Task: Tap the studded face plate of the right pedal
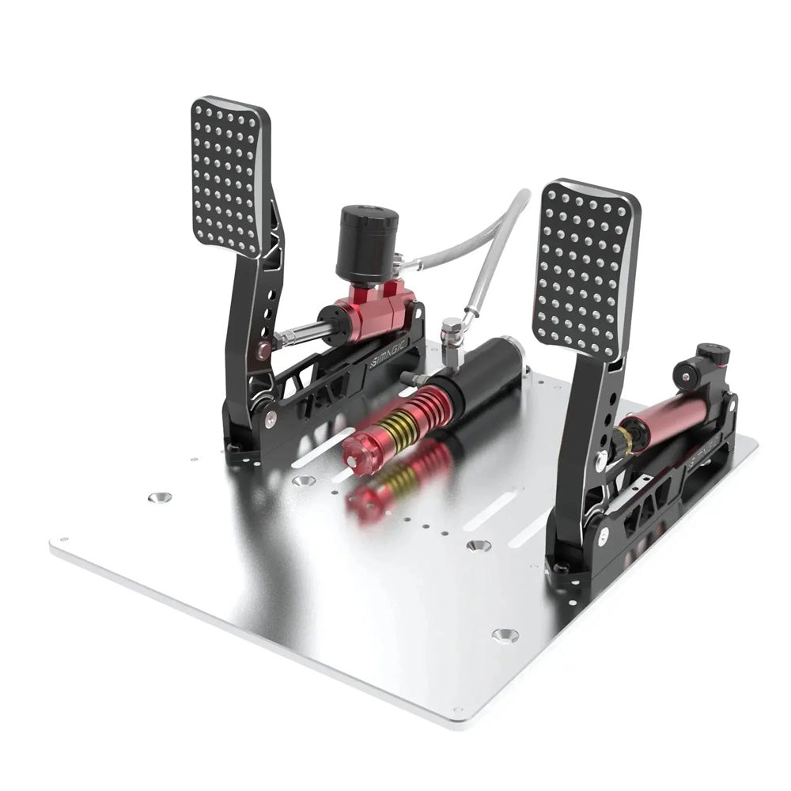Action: [585, 269]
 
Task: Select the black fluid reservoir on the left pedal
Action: [366, 244]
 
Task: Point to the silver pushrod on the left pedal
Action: [305, 333]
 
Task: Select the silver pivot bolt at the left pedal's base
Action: [271, 420]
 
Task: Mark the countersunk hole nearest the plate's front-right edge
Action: [505, 634]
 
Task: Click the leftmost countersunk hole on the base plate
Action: [160, 498]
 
